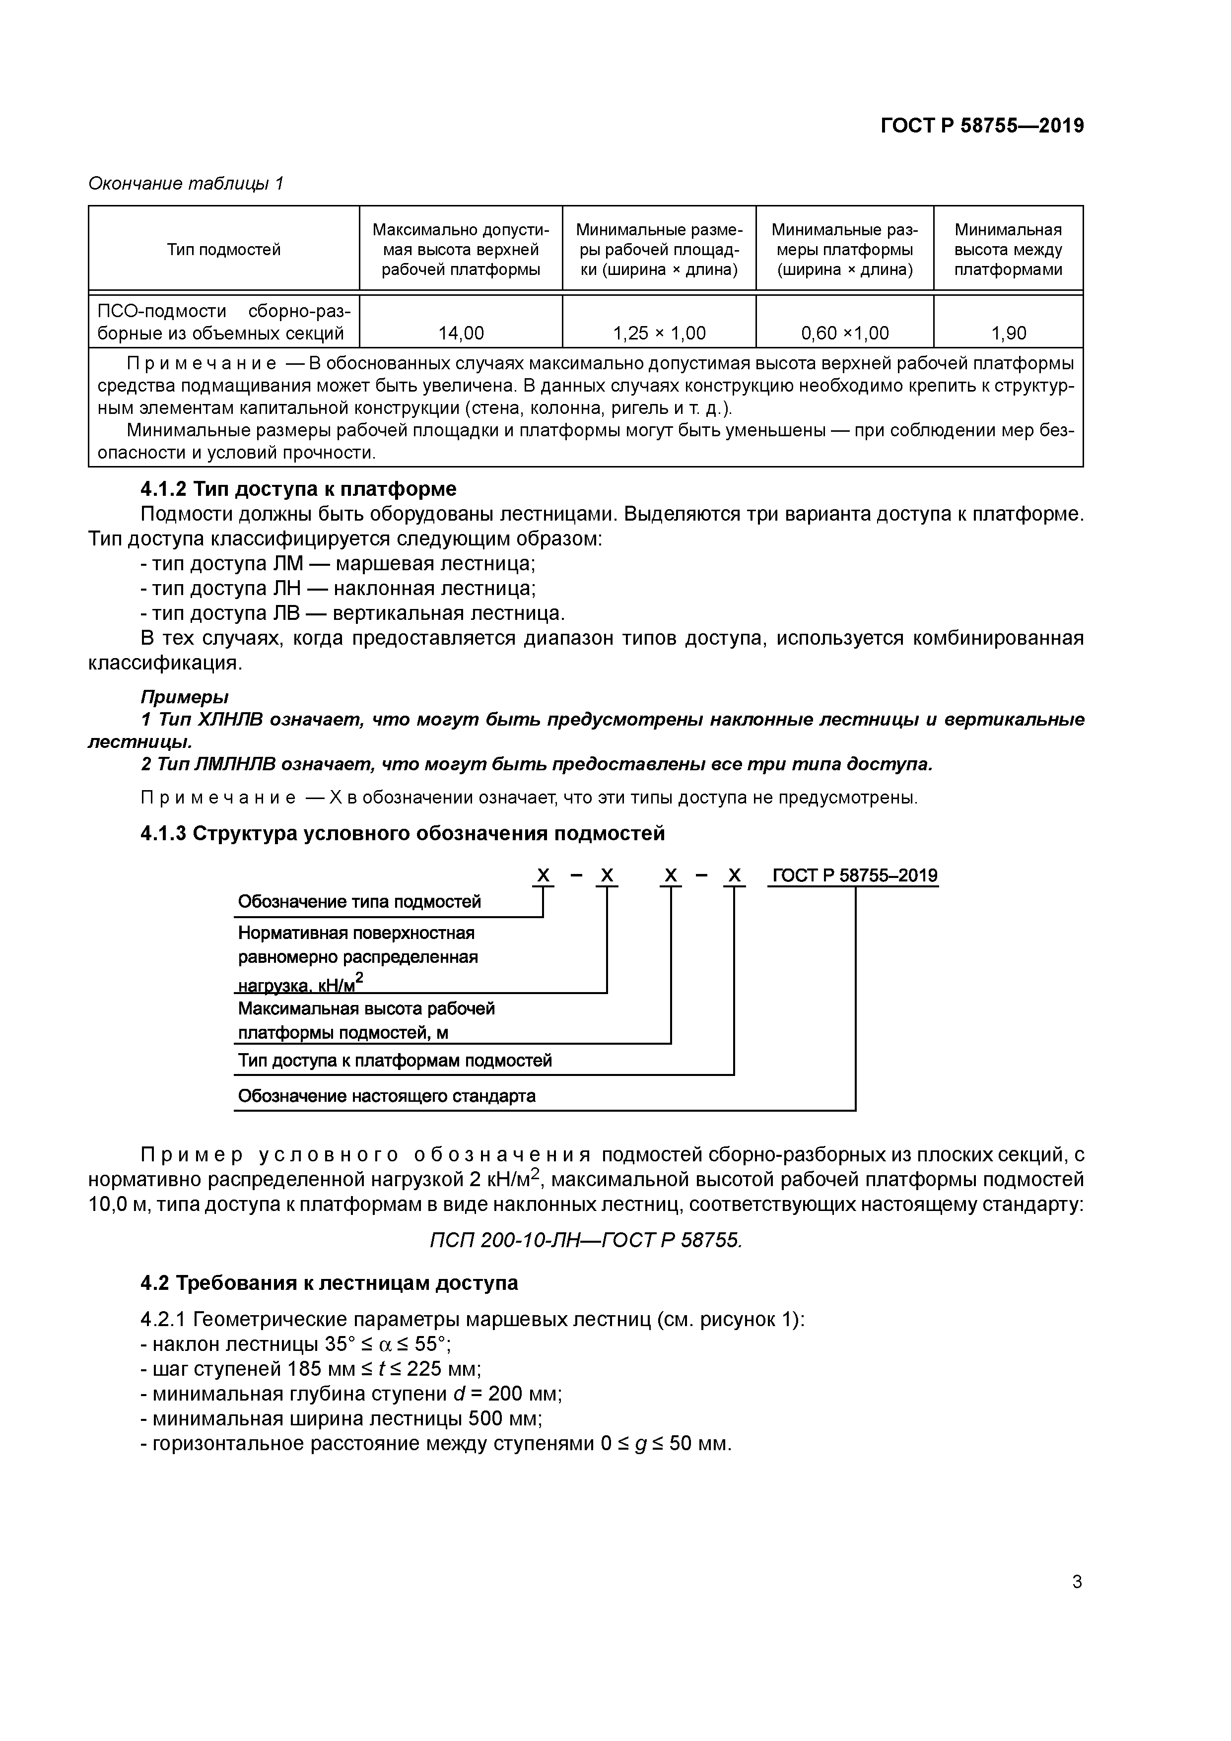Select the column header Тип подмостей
pyautogui.click(x=224, y=250)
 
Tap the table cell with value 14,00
pyautogui.click(x=461, y=333)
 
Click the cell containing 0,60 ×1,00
pyautogui.click(x=844, y=333)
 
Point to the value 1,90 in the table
pyautogui.click(x=1008, y=333)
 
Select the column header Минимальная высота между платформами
pyautogui.click(x=1008, y=250)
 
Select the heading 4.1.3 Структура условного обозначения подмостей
pyautogui.click(x=402, y=833)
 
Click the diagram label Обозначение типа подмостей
pyautogui.click(x=359, y=902)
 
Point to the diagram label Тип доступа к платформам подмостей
pyautogui.click(x=395, y=1060)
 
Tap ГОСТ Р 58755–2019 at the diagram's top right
pyautogui.click(x=854, y=876)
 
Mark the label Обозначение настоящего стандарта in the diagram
pyautogui.click(x=386, y=1096)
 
